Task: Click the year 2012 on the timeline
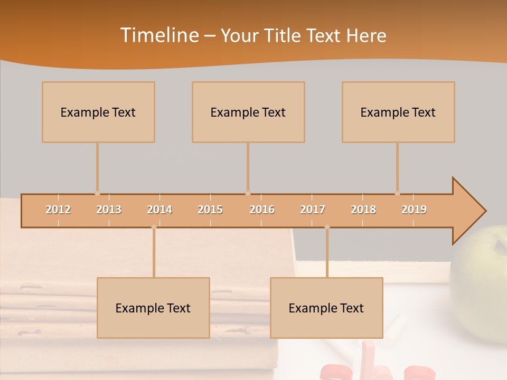pyautogui.click(x=58, y=210)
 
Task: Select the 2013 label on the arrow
pyautogui.click(x=109, y=210)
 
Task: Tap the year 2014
pyautogui.click(x=159, y=210)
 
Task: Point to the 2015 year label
pyautogui.click(x=210, y=210)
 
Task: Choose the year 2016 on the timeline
pyautogui.click(x=262, y=210)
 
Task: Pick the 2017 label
pyautogui.click(x=313, y=210)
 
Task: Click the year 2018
pyautogui.click(x=363, y=210)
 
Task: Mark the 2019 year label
pyautogui.click(x=414, y=210)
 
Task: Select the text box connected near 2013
pyautogui.click(x=98, y=112)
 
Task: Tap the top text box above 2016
pyautogui.click(x=248, y=112)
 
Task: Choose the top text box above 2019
pyautogui.click(x=398, y=112)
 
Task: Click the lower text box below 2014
pyautogui.click(x=153, y=308)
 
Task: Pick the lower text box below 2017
pyautogui.click(x=326, y=308)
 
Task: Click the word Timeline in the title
pyautogui.click(x=158, y=35)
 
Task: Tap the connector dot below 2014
pyautogui.click(x=154, y=227)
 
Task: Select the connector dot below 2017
pyautogui.click(x=327, y=227)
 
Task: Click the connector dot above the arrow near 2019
pyautogui.click(x=397, y=193)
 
